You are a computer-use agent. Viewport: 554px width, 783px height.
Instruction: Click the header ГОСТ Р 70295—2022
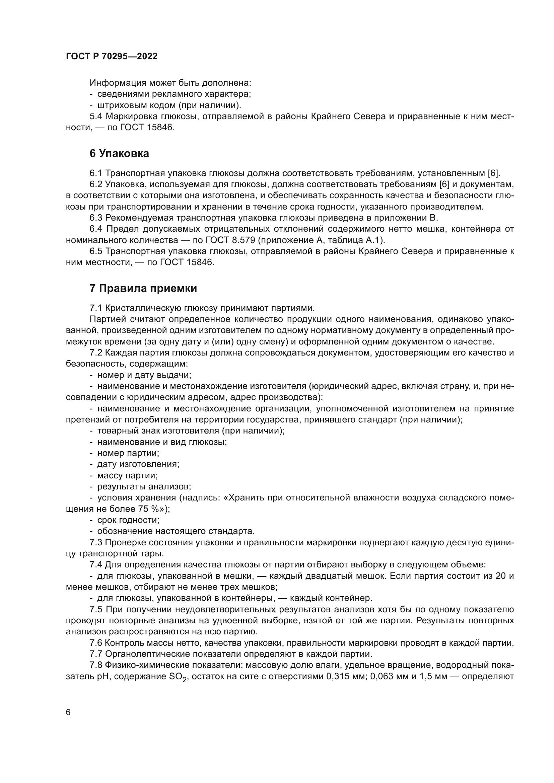(x=112, y=57)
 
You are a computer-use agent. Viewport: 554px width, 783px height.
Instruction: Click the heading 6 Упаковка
(x=119, y=153)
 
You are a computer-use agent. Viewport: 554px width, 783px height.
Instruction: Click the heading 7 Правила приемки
(x=143, y=289)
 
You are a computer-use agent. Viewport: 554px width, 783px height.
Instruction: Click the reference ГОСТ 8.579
(x=230, y=240)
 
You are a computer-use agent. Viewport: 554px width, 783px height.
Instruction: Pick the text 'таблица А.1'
(x=354, y=240)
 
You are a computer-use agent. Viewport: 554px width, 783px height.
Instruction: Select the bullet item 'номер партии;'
(x=128, y=453)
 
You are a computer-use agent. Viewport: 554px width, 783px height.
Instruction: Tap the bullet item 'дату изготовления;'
(x=138, y=464)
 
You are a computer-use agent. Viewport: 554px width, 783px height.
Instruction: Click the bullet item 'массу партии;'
(x=127, y=475)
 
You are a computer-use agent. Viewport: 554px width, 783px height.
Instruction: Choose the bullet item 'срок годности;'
(x=128, y=520)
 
